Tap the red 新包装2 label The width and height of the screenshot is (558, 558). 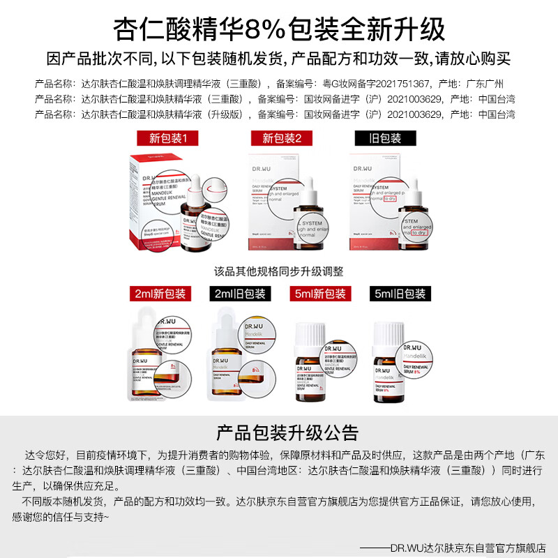(282, 138)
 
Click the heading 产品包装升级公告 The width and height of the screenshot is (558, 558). (278, 432)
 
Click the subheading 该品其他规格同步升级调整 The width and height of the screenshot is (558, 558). (278, 271)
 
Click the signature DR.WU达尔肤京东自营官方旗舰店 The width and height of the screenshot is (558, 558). (463, 548)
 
